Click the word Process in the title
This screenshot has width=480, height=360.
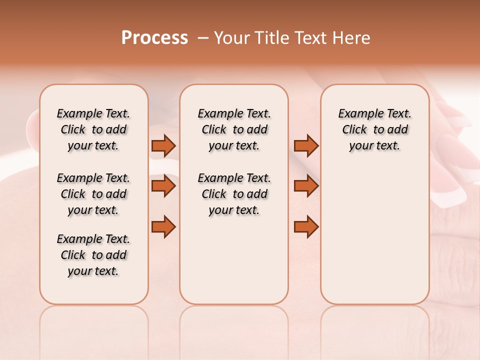pyautogui.click(x=154, y=37)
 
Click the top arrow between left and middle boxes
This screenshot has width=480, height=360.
pyautogui.click(x=163, y=146)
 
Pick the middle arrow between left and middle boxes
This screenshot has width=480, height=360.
pyautogui.click(x=163, y=186)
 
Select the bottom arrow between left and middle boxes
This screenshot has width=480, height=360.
pyautogui.click(x=163, y=226)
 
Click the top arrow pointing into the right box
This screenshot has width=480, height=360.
pyautogui.click(x=306, y=146)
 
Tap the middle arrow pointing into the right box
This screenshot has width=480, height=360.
pyautogui.click(x=306, y=186)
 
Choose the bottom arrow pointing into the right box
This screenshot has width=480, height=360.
pyautogui.click(x=306, y=226)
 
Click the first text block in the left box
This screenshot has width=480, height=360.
pyautogui.click(x=93, y=129)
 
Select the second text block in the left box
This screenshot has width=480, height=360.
pyautogui.click(x=93, y=194)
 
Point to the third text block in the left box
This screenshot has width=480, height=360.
pyautogui.click(x=93, y=255)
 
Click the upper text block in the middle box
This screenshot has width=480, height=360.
pyautogui.click(x=234, y=129)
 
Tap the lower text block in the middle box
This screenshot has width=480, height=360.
pyautogui.click(x=234, y=194)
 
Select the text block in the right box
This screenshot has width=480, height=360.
pyautogui.click(x=375, y=129)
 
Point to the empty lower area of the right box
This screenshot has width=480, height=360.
pyautogui.click(x=375, y=240)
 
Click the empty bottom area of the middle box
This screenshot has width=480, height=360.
pyautogui.click(x=234, y=265)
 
